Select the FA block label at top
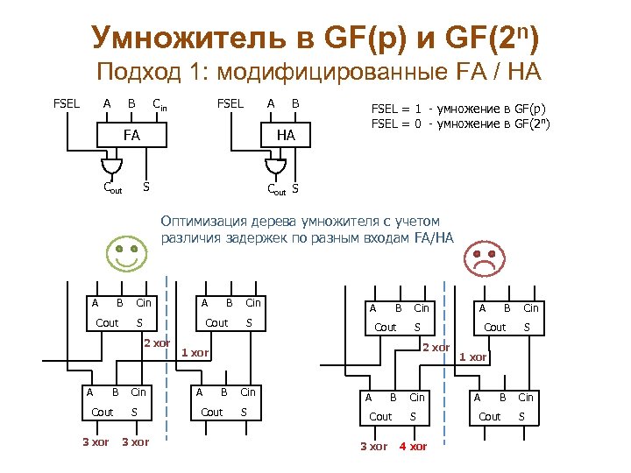click(131, 136)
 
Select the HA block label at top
click(286, 136)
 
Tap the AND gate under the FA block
click(111, 166)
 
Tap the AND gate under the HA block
click(275, 166)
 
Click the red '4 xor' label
click(413, 447)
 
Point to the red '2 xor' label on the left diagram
click(157, 342)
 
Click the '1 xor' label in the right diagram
click(473, 357)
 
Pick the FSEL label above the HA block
click(230, 103)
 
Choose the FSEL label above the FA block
click(67, 103)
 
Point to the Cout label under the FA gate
click(112, 187)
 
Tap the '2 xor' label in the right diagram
click(436, 348)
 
